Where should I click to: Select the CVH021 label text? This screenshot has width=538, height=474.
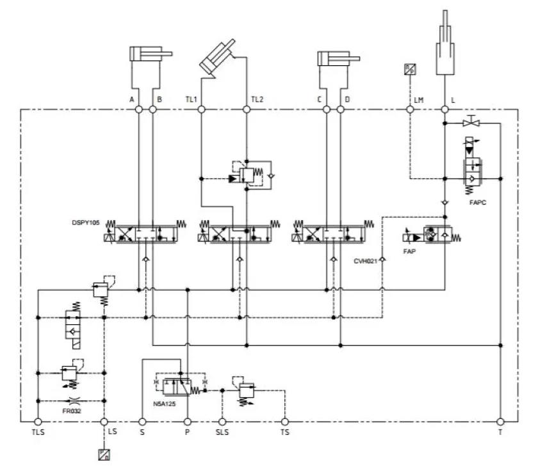[366, 261]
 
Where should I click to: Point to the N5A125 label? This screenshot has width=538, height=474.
[166, 405]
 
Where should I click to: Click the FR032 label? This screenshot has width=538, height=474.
[72, 410]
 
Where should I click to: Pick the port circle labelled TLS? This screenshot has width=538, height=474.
[38, 422]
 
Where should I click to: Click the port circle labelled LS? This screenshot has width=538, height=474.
[104, 422]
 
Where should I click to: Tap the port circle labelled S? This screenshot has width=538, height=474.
[142, 422]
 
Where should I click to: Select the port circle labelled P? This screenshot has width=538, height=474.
[188, 422]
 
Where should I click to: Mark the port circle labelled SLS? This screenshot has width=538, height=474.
[222, 422]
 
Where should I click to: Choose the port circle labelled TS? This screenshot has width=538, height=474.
[285, 422]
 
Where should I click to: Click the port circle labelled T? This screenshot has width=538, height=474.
[500, 422]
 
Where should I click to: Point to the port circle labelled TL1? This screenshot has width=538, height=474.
[201, 110]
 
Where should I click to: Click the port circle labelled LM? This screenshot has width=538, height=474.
[410, 110]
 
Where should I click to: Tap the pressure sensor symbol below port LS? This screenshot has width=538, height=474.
[104, 455]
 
